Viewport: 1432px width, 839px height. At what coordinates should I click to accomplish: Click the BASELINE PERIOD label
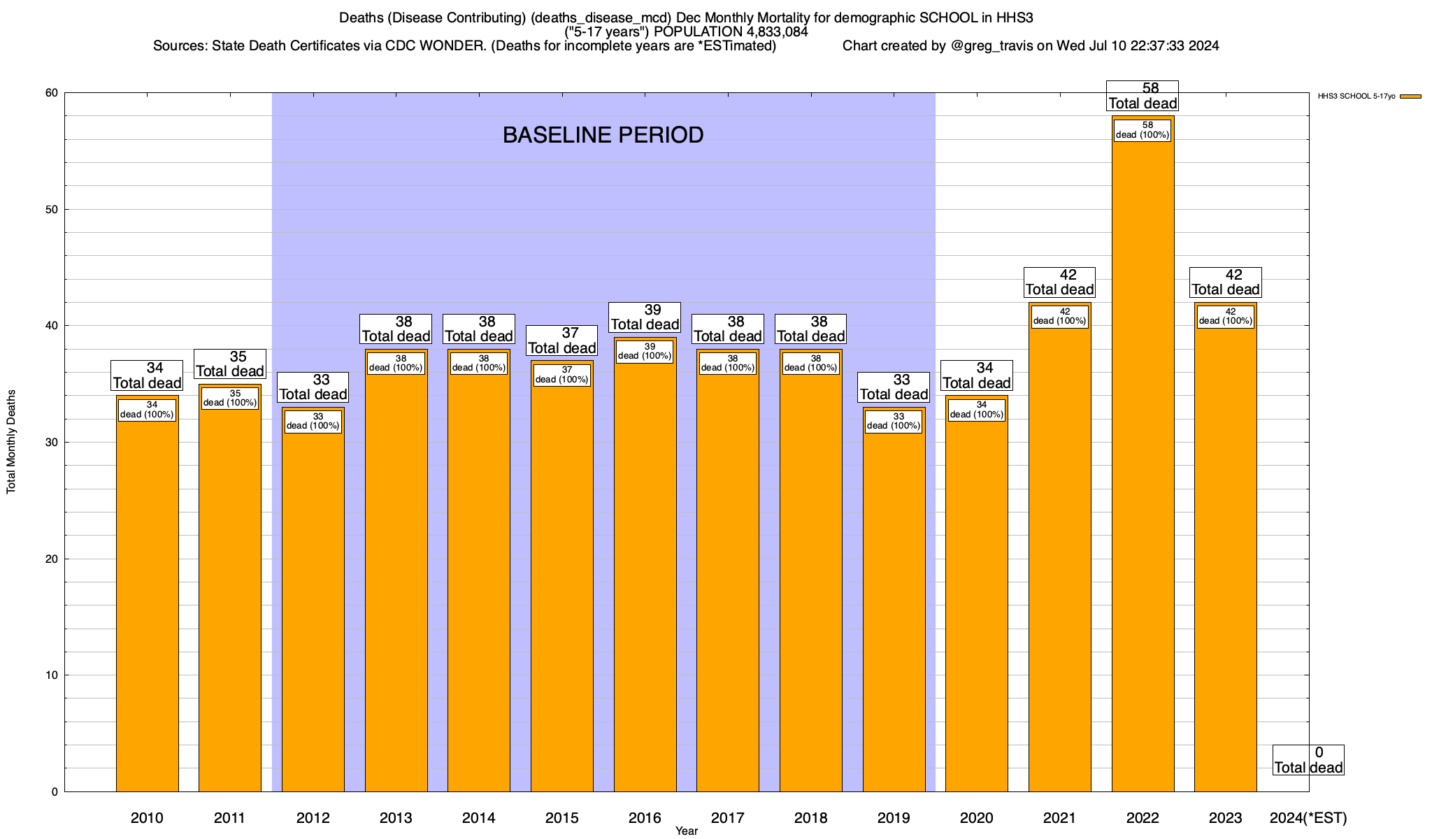pyautogui.click(x=603, y=135)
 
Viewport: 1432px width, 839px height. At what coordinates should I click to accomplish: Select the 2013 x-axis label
pyautogui.click(x=396, y=817)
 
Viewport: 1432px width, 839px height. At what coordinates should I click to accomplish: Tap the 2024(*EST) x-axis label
pyautogui.click(x=1308, y=817)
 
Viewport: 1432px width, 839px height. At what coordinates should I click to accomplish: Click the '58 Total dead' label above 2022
pyautogui.click(x=1143, y=96)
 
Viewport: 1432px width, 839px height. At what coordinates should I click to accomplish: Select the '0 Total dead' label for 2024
pyautogui.click(x=1308, y=760)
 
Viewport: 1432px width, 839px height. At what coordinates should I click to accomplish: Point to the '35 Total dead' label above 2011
pyautogui.click(x=229, y=364)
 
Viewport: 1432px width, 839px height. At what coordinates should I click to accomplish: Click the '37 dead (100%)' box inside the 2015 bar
pyautogui.click(x=561, y=375)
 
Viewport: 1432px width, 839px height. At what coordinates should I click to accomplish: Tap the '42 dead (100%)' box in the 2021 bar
pyautogui.click(x=1059, y=317)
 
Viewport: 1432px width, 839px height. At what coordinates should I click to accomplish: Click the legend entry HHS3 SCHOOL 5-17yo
pyautogui.click(x=1356, y=96)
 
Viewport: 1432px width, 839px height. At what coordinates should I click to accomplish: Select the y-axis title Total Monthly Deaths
pyautogui.click(x=11, y=442)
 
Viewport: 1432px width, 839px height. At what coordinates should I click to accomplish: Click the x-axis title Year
pyautogui.click(x=687, y=831)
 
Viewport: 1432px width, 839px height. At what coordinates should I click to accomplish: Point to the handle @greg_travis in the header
pyautogui.click(x=991, y=46)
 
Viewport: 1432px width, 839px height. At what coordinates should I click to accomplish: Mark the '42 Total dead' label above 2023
pyautogui.click(x=1225, y=282)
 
